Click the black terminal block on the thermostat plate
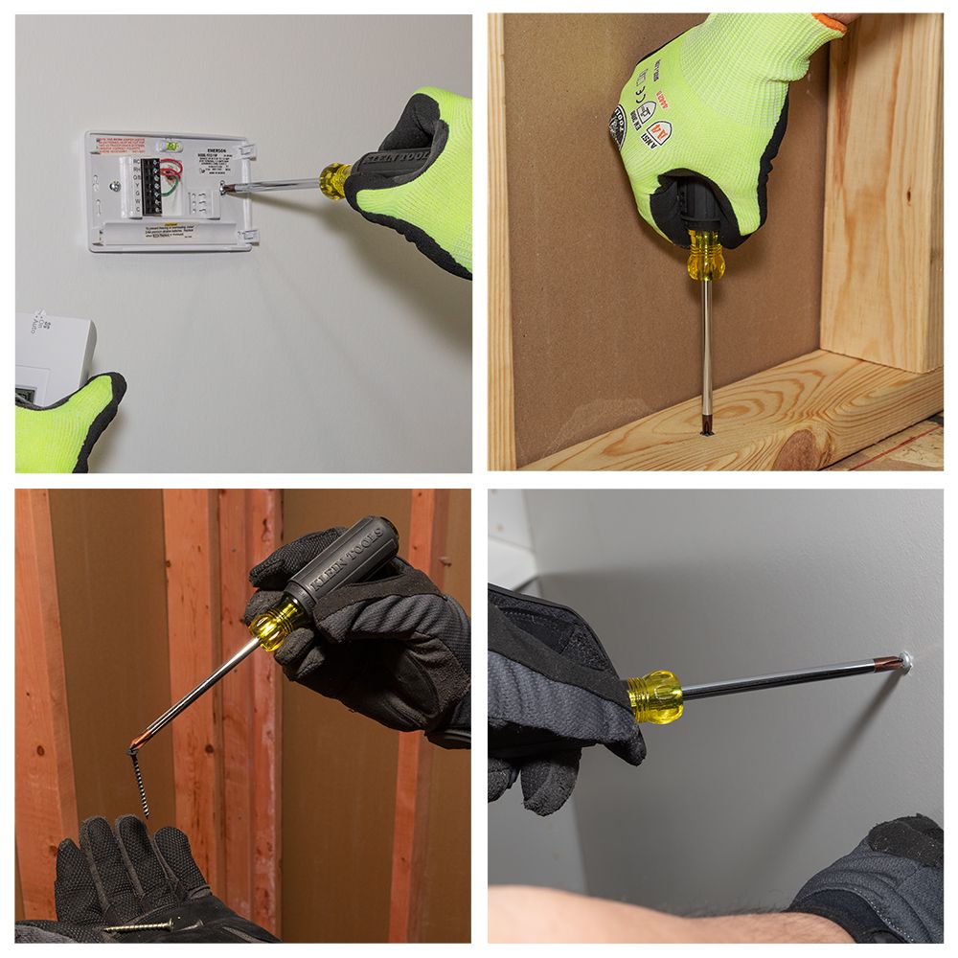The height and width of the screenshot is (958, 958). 151,185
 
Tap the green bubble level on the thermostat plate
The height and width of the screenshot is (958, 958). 171,146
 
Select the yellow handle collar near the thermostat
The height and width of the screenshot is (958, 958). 334,179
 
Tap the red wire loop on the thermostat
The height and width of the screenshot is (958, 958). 172,171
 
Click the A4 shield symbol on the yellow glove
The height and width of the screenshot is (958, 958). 658,132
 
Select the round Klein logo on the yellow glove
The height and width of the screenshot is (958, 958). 618,125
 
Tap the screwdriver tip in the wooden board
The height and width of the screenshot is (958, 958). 707,422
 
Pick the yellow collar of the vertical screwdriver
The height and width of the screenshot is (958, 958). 705,256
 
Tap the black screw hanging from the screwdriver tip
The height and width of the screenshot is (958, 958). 139,781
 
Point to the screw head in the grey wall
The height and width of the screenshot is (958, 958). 905,659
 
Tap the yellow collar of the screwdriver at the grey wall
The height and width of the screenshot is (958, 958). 655,696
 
